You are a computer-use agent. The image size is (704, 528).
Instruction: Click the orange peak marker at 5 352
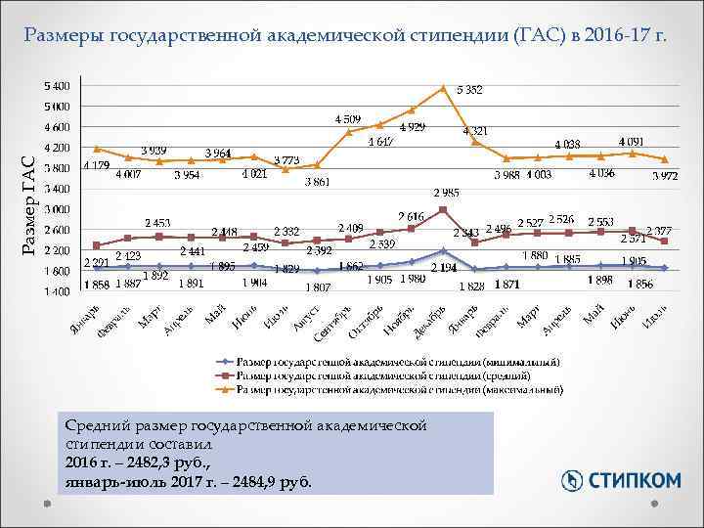click(x=443, y=88)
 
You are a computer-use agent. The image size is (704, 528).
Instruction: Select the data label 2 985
click(x=447, y=193)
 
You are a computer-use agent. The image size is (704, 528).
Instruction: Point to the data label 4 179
click(x=96, y=165)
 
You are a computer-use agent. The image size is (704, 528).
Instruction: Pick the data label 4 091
click(x=631, y=142)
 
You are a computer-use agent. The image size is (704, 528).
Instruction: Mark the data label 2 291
click(x=96, y=262)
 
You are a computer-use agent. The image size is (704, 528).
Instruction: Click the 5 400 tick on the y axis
click(x=56, y=86)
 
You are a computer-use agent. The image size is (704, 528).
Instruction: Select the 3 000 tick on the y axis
click(x=56, y=209)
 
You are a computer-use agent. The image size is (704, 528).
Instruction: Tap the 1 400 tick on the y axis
click(x=56, y=291)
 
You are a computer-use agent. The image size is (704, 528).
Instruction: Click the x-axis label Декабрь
click(x=430, y=320)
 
